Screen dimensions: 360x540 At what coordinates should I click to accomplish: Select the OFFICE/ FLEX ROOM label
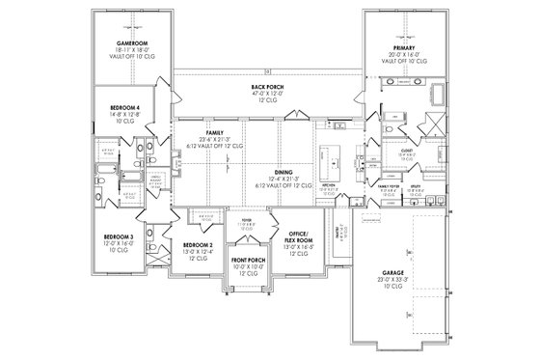(x=296, y=236)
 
